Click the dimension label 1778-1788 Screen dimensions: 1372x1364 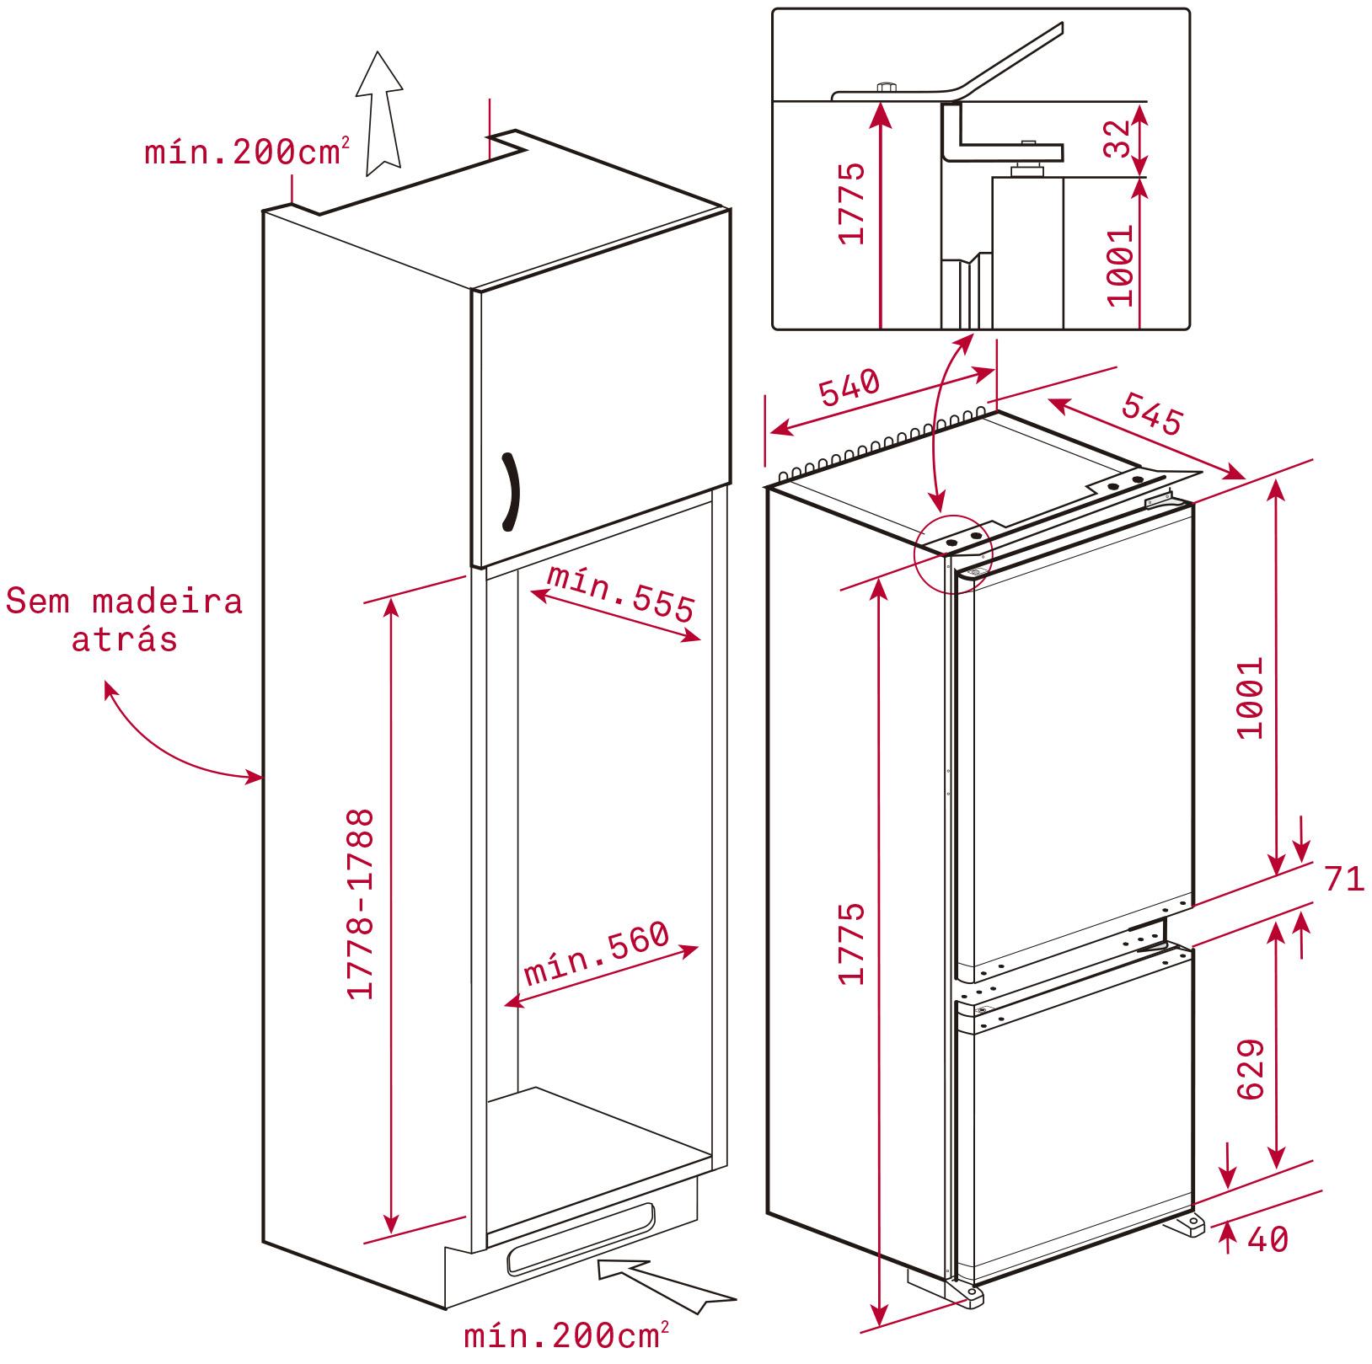coord(361,905)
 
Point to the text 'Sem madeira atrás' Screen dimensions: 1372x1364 coord(125,620)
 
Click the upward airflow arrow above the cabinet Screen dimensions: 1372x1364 coord(378,113)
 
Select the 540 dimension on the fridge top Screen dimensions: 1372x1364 coord(849,388)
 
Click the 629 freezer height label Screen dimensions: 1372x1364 coord(1251,1069)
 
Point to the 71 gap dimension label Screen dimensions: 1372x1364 coord(1344,880)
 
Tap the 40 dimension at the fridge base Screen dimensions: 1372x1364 coord(1267,1239)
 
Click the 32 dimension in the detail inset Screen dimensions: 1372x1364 coord(1116,138)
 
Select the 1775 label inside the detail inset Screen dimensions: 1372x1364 coord(853,203)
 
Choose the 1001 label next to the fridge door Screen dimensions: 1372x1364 coord(1251,698)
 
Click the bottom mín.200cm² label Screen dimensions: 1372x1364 coord(567,1335)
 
